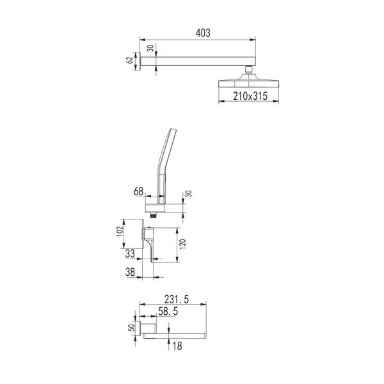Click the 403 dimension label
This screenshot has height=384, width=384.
[x=203, y=33]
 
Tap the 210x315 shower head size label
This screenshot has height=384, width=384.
[x=250, y=96]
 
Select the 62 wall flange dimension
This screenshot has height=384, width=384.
[x=129, y=60]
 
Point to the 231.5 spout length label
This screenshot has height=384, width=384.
[x=177, y=300]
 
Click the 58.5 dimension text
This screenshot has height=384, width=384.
[x=168, y=312]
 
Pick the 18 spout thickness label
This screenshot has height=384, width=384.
[x=177, y=346]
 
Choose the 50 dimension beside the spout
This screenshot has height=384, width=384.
[x=131, y=328]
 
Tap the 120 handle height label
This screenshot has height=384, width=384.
[x=182, y=244]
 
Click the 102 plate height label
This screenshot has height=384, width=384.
[x=120, y=231]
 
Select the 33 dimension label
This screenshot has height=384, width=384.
[x=130, y=253]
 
